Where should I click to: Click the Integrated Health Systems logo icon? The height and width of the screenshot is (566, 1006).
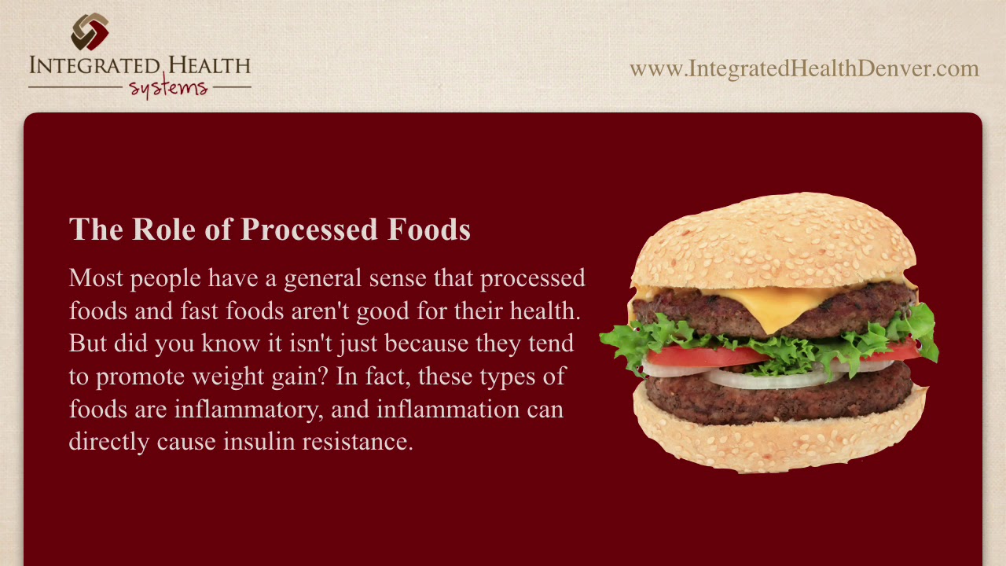coord(90,31)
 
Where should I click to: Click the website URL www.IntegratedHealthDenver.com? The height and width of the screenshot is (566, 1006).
coord(803,69)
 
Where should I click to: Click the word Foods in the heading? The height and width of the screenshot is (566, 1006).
coord(429,229)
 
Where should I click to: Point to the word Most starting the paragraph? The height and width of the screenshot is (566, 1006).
coord(96,278)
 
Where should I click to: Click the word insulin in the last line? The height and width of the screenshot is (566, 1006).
coord(258,442)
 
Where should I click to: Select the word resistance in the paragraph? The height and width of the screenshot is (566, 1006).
coord(357,442)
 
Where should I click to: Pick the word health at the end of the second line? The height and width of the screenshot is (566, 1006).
coord(544,311)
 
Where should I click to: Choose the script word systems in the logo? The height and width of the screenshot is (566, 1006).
coord(168,87)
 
